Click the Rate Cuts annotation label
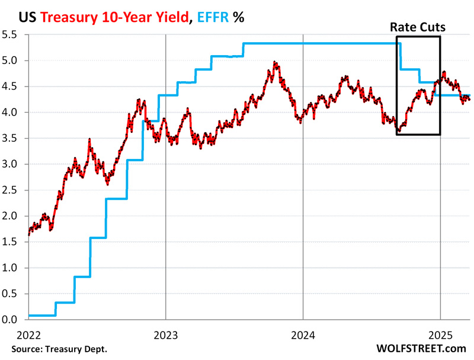coord(418,27)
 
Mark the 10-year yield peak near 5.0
coord(274,62)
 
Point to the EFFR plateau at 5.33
coord(320,43)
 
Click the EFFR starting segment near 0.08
coord(41,316)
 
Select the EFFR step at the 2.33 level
coord(116,199)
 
